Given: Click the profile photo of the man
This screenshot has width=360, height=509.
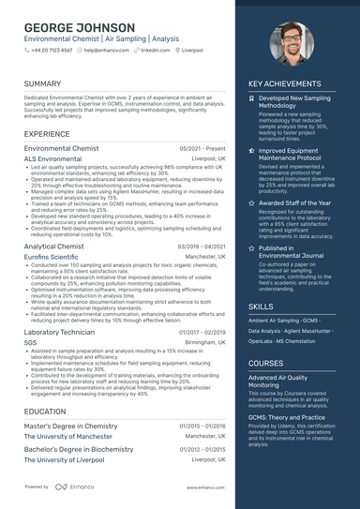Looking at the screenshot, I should pos(292,44).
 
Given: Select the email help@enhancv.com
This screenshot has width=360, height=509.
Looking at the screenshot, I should pos(107,50).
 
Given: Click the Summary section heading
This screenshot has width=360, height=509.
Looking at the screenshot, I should pos(43,83).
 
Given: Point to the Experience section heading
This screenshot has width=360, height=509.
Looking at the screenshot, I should pos(48,134).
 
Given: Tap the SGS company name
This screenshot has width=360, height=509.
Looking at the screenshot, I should pos(31,342).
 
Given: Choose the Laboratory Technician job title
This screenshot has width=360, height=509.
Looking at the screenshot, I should pos(59,332).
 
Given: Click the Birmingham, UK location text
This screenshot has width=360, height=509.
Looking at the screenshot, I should pos(205,342).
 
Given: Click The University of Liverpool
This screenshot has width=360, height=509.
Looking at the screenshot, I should pos(65,460).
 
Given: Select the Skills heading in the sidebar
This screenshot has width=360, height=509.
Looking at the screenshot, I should pos(262,307).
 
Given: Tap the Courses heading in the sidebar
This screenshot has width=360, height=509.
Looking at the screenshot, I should pos(265,363).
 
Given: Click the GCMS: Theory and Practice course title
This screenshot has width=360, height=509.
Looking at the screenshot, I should pos(287,416).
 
